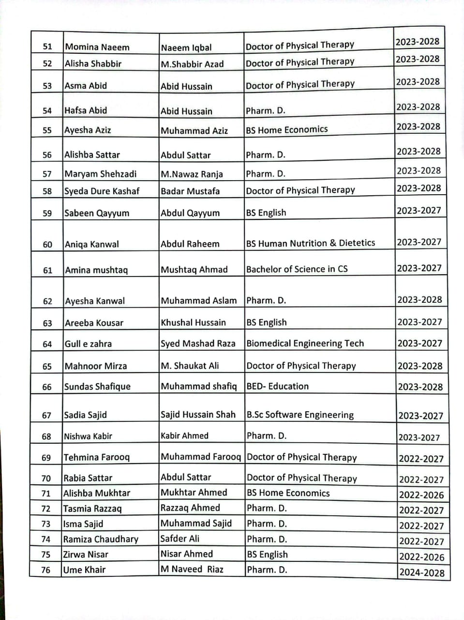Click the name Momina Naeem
click(x=97, y=47)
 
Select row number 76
click(x=46, y=570)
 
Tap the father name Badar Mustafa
click(x=190, y=191)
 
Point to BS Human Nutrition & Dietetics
click(x=311, y=243)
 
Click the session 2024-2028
click(x=422, y=573)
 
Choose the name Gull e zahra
click(x=88, y=344)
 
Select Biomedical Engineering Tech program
click(x=305, y=343)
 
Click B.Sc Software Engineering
click(x=300, y=415)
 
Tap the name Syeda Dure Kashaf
click(x=102, y=191)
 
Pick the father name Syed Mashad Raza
click(x=198, y=344)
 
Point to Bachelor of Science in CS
click(x=297, y=269)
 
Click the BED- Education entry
click(x=278, y=387)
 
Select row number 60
click(x=47, y=245)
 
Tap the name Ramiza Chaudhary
click(x=101, y=539)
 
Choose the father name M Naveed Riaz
click(x=192, y=570)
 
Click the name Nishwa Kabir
click(x=88, y=436)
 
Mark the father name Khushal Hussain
click(x=194, y=323)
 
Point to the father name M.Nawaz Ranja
click(x=192, y=174)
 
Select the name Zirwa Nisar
click(x=86, y=555)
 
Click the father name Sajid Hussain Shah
click(x=198, y=415)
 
